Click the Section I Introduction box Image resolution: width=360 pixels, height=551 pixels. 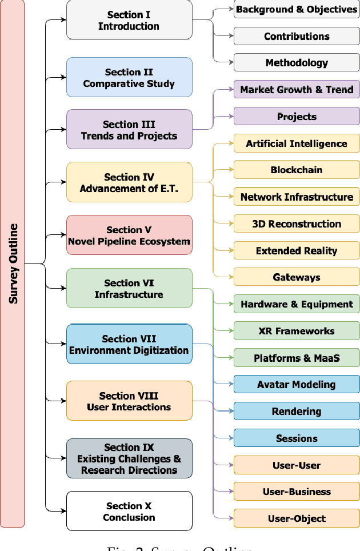tap(129, 20)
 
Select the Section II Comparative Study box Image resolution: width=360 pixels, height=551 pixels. tap(129, 78)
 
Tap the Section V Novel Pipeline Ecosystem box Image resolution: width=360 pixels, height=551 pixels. tap(129, 235)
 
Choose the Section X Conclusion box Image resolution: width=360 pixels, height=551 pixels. tap(129, 512)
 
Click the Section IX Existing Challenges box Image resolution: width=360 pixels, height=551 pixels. tap(129, 458)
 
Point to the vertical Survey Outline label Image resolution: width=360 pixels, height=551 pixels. tap(13, 263)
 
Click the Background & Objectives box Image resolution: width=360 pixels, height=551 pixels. tap(297, 10)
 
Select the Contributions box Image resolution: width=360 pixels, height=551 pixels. tap(297, 37)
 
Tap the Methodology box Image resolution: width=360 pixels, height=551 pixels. tap(297, 63)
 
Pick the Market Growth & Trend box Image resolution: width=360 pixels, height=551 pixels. tap(297, 90)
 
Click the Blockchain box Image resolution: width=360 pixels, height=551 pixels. tap(297, 170)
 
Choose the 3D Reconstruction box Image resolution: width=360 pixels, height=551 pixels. tap(297, 224)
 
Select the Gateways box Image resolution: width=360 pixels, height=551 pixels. tap(297, 278)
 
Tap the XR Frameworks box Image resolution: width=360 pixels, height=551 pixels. tap(297, 331)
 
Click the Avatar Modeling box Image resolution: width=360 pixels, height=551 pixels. tap(297, 385)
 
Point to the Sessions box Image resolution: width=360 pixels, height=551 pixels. tap(297, 438)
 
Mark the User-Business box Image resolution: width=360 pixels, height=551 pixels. tap(297, 492)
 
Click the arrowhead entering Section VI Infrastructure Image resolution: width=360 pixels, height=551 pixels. tap(63, 288)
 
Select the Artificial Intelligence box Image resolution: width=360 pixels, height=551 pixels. tap(297, 143)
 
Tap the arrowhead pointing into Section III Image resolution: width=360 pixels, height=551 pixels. tap(63, 130)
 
